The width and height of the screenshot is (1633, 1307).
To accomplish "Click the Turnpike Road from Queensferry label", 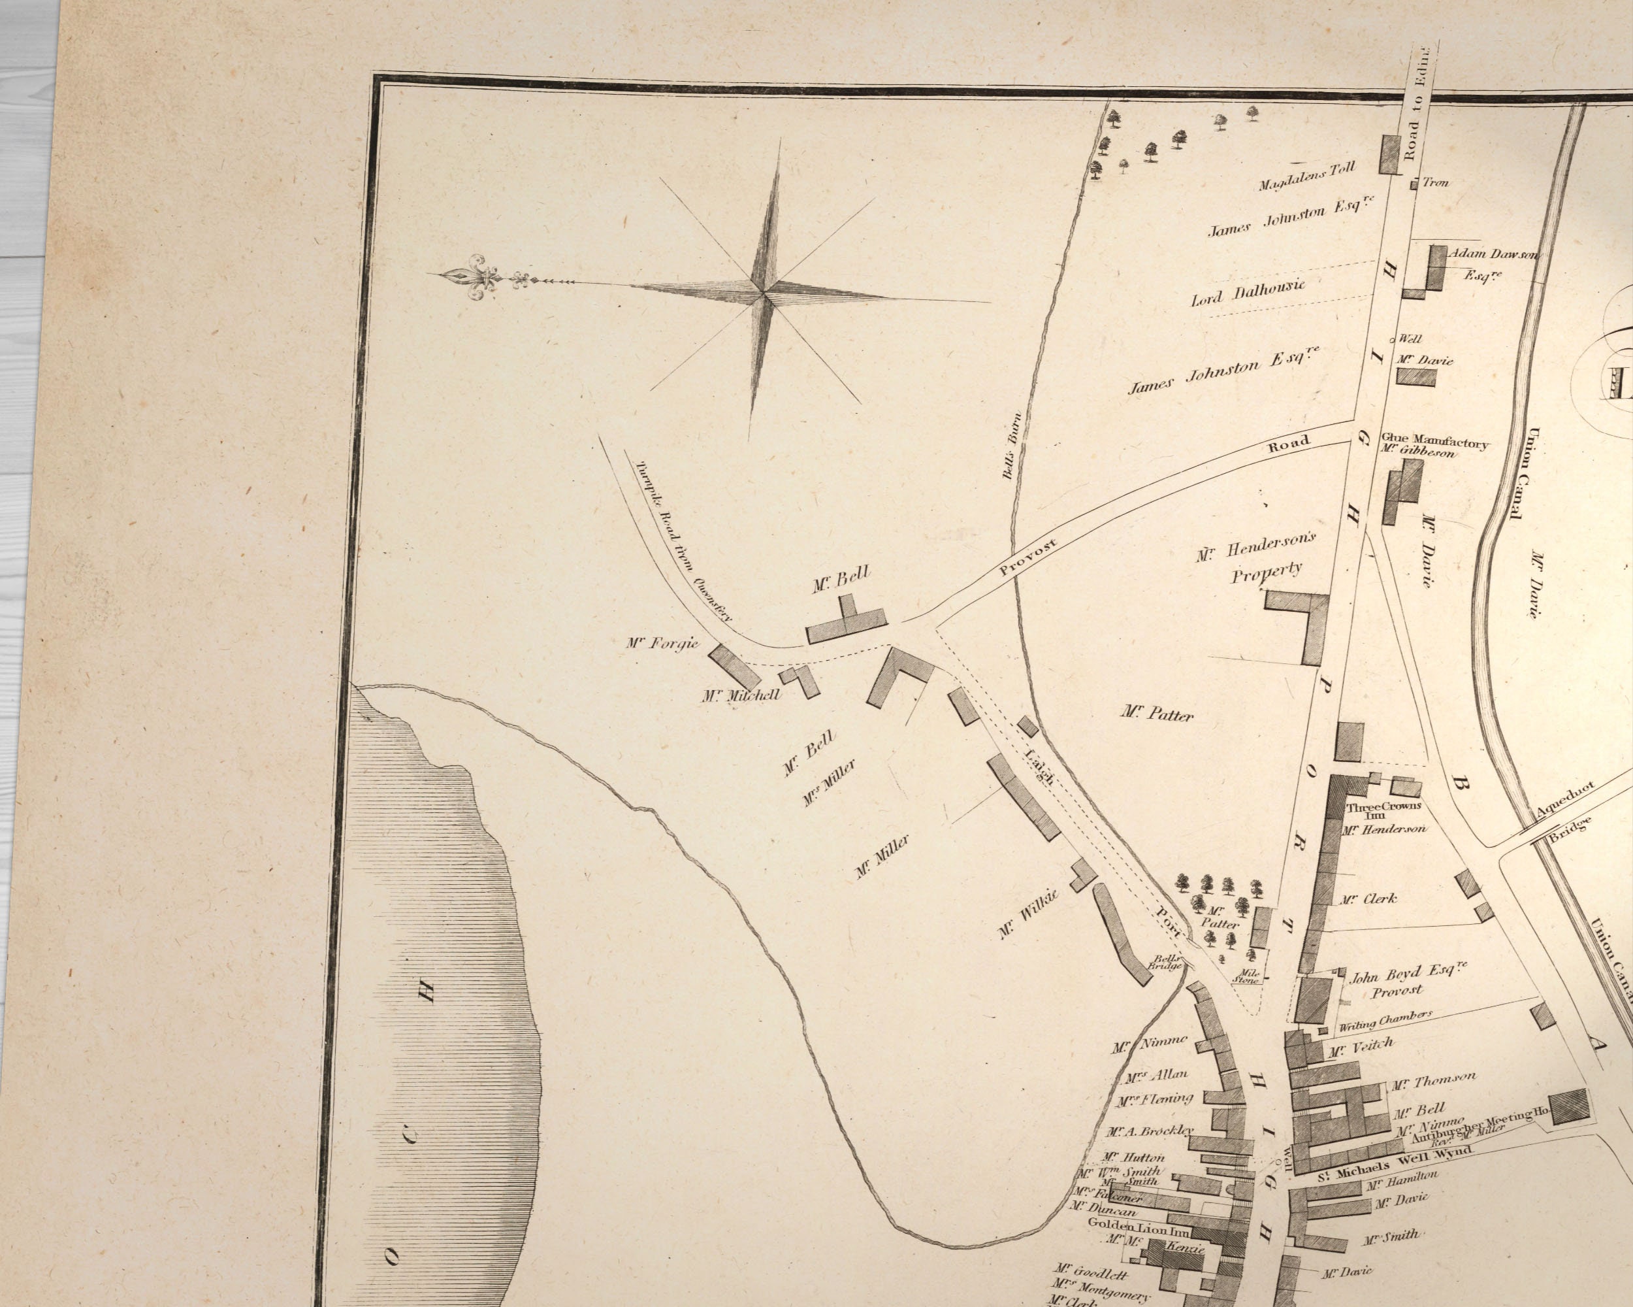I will (685, 540).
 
